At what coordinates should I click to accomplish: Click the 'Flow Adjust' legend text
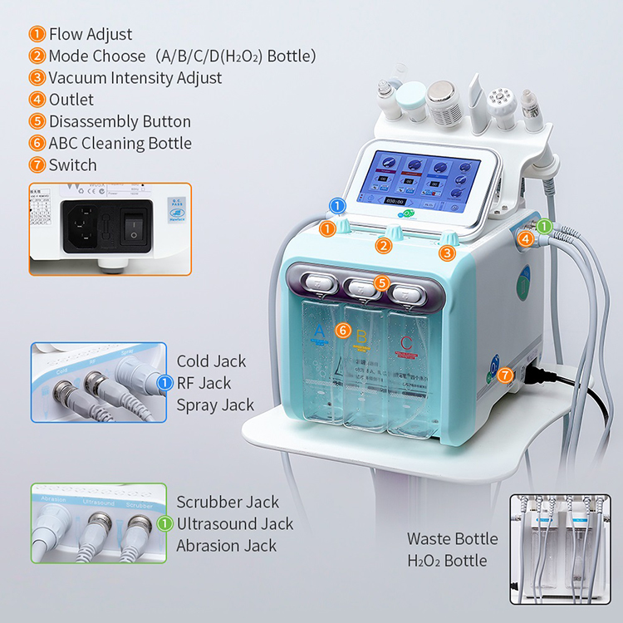point(90,35)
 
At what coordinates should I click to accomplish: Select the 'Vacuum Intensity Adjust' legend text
point(135,78)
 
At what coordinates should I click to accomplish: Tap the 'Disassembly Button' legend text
point(120,121)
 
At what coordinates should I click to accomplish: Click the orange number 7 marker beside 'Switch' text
point(37,164)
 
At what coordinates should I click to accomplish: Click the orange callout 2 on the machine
point(383,245)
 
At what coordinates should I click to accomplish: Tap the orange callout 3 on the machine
point(447,253)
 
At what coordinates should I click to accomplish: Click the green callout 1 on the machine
point(544,226)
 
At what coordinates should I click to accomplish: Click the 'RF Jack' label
point(204,383)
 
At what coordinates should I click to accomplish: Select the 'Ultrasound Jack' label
point(234,524)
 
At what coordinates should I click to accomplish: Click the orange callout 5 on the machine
point(381,282)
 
